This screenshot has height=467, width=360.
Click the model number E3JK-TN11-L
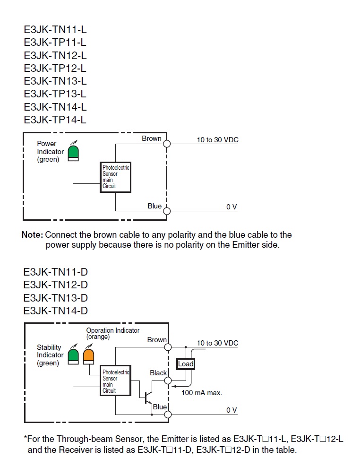(x=55, y=29)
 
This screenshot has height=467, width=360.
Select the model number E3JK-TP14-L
(x=55, y=119)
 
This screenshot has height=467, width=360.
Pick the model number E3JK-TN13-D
(x=55, y=298)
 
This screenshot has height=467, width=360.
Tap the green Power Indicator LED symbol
(x=73, y=153)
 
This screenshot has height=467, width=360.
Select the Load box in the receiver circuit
(x=186, y=364)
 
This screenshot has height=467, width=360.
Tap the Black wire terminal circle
(x=167, y=380)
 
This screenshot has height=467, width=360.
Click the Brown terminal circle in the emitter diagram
(x=167, y=143)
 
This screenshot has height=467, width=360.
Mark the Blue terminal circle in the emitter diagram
(x=167, y=210)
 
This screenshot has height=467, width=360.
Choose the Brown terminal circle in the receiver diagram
(x=167, y=347)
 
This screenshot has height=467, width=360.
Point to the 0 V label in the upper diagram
(x=231, y=207)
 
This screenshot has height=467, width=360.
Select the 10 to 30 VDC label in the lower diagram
(x=218, y=343)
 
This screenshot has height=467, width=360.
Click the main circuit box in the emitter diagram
(x=116, y=177)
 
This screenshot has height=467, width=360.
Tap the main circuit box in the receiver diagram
(x=116, y=381)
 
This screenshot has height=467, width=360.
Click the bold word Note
(x=32, y=235)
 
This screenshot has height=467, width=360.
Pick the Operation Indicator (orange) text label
(x=112, y=333)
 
